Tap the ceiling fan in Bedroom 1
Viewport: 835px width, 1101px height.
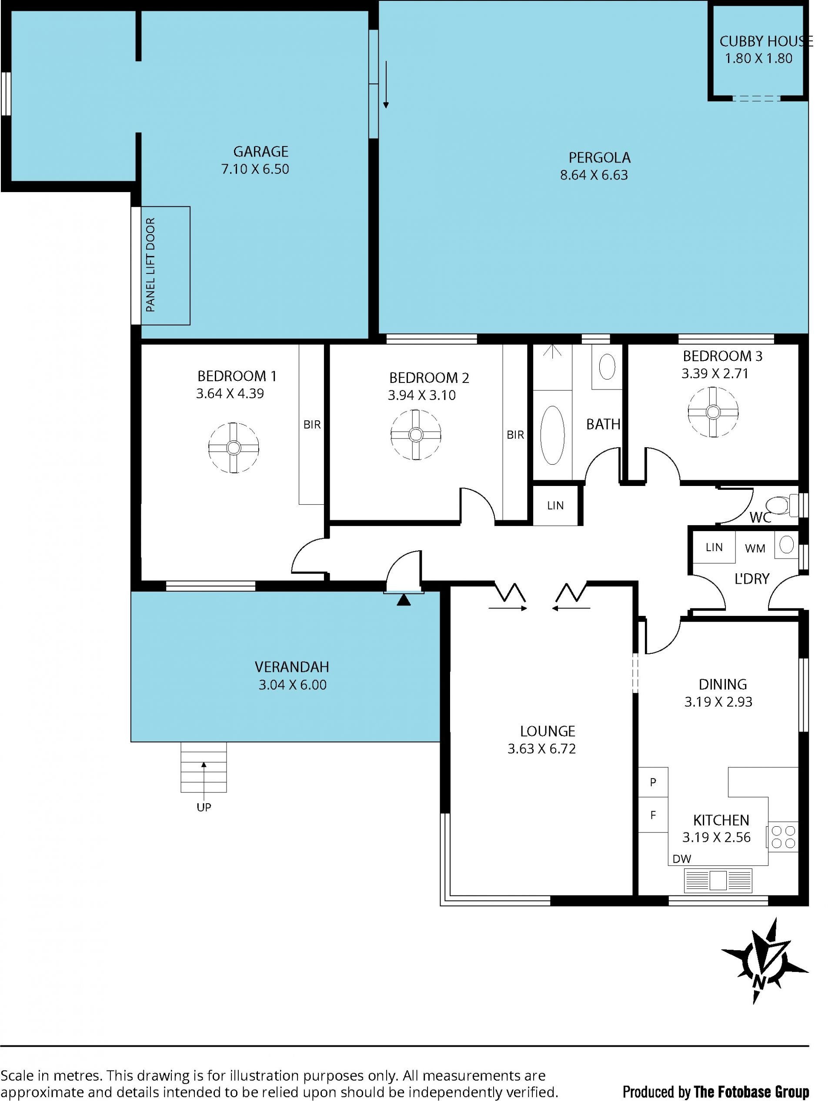click(234, 447)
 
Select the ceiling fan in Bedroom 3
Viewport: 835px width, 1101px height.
click(713, 412)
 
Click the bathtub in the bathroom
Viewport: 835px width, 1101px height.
click(552, 435)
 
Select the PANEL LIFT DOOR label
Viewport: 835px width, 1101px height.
click(150, 265)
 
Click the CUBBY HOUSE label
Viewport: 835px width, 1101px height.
click(766, 41)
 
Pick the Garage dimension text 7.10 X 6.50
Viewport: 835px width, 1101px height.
click(255, 169)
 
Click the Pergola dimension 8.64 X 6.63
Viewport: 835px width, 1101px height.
click(594, 175)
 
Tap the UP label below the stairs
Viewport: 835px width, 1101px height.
click(204, 807)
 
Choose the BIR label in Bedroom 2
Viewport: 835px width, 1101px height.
click(515, 435)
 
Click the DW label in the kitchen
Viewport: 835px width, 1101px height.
click(681, 858)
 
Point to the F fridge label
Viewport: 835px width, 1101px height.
click(653, 815)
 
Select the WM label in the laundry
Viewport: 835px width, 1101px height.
click(755, 549)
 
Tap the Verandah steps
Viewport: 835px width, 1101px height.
click(204, 767)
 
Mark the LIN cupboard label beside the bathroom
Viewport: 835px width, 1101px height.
click(555, 506)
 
